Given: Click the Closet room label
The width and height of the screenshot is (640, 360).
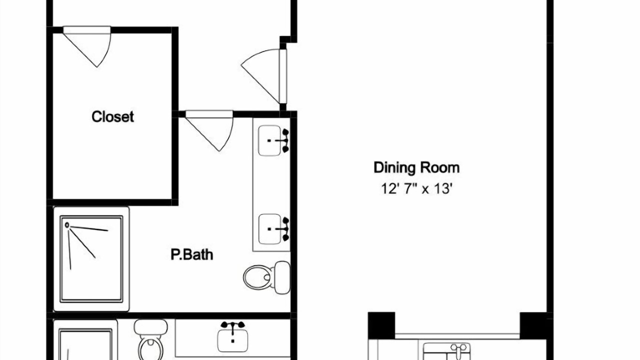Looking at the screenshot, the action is (112, 117).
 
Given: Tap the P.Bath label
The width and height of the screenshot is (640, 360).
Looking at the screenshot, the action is (191, 254).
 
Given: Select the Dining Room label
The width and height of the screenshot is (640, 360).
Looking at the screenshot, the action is (416, 167).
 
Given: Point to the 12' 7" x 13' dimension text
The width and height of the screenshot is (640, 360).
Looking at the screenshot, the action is (417, 188).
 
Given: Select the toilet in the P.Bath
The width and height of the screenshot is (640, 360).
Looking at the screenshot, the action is (266, 277).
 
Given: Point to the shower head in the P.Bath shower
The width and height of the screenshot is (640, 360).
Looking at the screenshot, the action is (67, 225).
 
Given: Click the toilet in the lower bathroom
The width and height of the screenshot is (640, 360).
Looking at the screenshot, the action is (150, 340).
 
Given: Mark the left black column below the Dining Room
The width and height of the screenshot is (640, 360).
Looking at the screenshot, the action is (381, 325).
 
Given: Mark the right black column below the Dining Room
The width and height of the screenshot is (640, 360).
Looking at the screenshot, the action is (533, 325).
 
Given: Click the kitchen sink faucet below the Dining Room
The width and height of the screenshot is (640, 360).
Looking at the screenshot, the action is (458, 351).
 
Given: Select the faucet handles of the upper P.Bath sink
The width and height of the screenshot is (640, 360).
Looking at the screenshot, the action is (285, 140).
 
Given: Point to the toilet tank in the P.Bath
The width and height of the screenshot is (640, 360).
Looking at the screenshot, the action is (282, 277).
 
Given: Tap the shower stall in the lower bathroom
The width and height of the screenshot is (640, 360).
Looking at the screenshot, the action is (85, 340).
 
